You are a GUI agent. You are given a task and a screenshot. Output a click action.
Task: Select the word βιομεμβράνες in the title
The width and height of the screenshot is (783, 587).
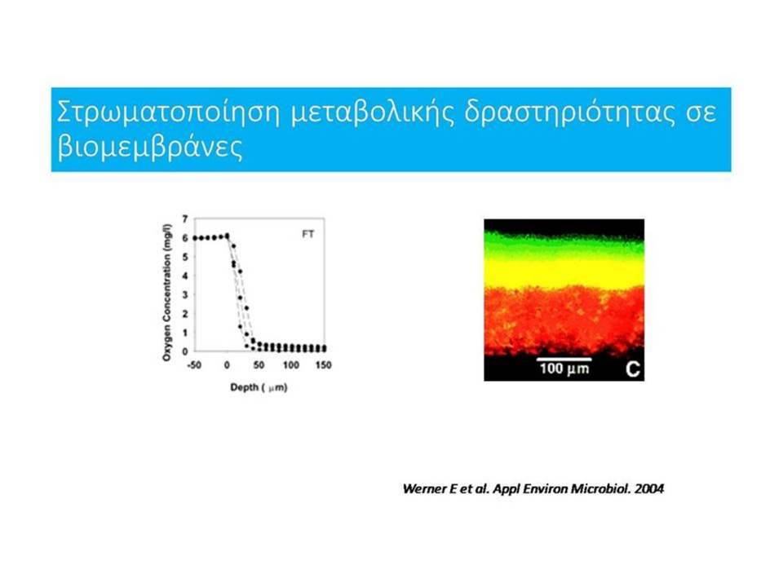coord(150,148)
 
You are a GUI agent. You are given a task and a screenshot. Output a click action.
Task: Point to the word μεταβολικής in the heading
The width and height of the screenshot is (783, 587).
coord(373,113)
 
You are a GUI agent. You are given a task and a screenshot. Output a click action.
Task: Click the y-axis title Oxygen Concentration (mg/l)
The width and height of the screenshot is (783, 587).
coord(166,293)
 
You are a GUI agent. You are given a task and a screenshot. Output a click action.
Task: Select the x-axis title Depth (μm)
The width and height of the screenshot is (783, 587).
coord(259,387)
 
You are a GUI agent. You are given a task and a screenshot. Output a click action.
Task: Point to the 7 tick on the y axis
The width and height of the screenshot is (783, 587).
coord(185,218)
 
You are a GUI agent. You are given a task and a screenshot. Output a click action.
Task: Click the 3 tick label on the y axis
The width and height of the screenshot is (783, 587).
coord(185,294)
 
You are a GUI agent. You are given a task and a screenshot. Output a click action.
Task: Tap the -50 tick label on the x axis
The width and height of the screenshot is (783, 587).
coord(194,365)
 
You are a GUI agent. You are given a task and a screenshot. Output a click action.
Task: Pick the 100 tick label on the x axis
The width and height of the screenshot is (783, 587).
coord(291,365)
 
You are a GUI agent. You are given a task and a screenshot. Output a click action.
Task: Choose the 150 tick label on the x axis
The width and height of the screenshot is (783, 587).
coord(324,365)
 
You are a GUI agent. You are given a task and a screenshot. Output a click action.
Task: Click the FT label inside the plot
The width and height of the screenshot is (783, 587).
coord(308,234)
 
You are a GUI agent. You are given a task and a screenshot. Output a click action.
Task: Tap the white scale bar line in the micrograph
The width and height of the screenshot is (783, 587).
coord(564,359)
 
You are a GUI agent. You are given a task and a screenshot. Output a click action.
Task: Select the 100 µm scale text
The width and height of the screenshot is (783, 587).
coord(564,369)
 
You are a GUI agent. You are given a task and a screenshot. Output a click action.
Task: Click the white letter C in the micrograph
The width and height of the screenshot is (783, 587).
coord(633,369)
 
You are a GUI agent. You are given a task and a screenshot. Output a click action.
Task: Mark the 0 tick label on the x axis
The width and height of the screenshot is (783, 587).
coord(228,365)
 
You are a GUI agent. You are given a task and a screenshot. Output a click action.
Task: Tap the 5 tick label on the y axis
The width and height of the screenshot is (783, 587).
coord(185,257)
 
